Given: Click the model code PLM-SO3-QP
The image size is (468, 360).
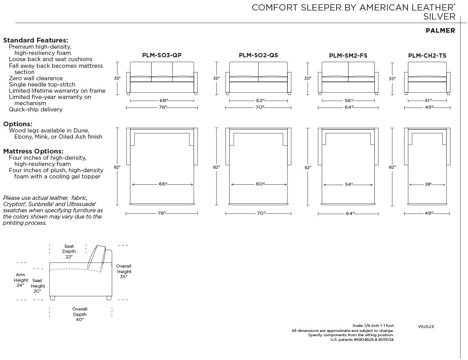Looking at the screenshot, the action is click(x=162, y=55).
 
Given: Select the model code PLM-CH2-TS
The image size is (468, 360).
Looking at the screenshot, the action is click(x=427, y=56).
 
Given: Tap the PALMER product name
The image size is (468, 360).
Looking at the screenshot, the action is click(x=440, y=30).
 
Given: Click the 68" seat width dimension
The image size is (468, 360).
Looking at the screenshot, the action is click(x=163, y=101).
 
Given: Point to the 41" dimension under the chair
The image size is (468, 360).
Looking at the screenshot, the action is click(x=428, y=101).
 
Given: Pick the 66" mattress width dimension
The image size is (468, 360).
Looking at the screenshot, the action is click(x=163, y=184).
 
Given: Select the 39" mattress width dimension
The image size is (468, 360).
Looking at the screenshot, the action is click(x=428, y=184).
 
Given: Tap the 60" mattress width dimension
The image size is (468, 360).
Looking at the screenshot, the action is click(x=260, y=184).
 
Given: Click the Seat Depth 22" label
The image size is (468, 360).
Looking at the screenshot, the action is click(x=69, y=251).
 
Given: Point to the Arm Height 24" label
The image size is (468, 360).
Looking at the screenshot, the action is click(x=21, y=280).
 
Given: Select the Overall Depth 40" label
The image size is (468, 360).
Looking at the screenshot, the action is click(x=80, y=314).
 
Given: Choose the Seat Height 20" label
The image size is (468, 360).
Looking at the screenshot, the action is click(x=37, y=286).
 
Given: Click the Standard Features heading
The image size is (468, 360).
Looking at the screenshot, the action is click(x=35, y=40).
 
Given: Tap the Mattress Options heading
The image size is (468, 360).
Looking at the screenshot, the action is click(x=33, y=151).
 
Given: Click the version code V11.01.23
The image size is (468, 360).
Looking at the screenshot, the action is click(x=426, y=326).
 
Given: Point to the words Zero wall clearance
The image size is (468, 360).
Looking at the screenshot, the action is click(x=36, y=78).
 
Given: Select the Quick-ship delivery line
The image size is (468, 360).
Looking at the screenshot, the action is click(x=35, y=109).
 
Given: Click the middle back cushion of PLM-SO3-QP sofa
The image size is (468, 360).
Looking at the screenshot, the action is click(x=162, y=69).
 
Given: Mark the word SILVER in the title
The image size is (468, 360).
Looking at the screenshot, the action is click(x=439, y=17).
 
